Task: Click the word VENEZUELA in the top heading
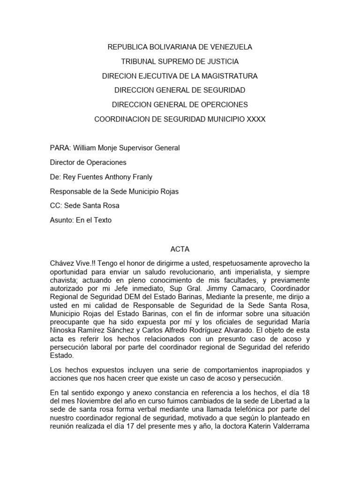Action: pos(230,47)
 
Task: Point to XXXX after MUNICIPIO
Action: pos(256,119)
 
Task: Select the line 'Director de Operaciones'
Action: pos(88,163)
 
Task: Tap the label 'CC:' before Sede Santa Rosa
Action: pos(56,206)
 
